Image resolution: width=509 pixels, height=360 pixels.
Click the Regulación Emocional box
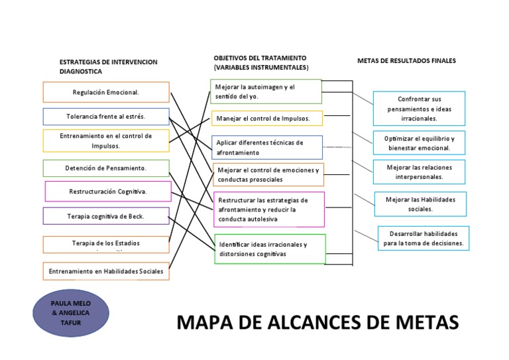tap(106, 92)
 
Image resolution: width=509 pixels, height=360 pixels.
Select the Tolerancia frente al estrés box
tap(106, 117)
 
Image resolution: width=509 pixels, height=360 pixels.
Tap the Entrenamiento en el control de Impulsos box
tap(106, 141)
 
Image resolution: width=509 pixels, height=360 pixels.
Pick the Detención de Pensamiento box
tap(106, 168)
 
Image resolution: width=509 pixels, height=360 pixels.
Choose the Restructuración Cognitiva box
tap(108, 192)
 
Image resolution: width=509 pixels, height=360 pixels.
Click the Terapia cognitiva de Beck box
tap(106, 216)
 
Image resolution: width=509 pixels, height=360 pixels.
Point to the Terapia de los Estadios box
tap(106, 244)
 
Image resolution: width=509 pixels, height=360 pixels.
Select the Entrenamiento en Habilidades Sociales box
tap(106, 271)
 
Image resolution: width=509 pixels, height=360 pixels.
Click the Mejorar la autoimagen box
tap(266, 91)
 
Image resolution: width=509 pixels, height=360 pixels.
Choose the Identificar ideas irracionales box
tap(270, 249)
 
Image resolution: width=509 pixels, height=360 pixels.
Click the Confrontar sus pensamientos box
tap(419, 109)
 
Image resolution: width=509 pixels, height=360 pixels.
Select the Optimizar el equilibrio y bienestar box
tap(419, 143)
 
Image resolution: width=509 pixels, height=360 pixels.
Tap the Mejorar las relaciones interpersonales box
tap(419, 172)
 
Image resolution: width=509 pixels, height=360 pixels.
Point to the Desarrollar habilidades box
tap(424, 239)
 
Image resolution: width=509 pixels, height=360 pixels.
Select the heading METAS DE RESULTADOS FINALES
tap(406, 61)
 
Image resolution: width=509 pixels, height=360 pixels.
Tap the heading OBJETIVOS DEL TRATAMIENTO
tap(260, 58)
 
